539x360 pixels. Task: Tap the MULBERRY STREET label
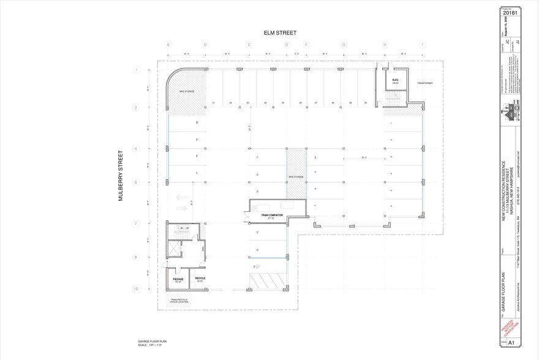(121, 176)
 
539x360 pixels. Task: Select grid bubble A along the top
(168, 45)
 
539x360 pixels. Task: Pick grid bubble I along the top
(421, 45)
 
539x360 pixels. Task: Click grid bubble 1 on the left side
(137, 70)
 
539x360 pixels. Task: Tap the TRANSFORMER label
(425, 83)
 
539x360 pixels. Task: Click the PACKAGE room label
(178, 280)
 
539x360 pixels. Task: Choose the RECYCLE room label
(200, 279)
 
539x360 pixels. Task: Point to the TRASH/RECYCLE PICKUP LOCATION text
(180, 301)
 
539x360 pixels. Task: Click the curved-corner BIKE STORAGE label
(186, 91)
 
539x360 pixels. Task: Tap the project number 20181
(511, 11)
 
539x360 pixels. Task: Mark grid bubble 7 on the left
(137, 223)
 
